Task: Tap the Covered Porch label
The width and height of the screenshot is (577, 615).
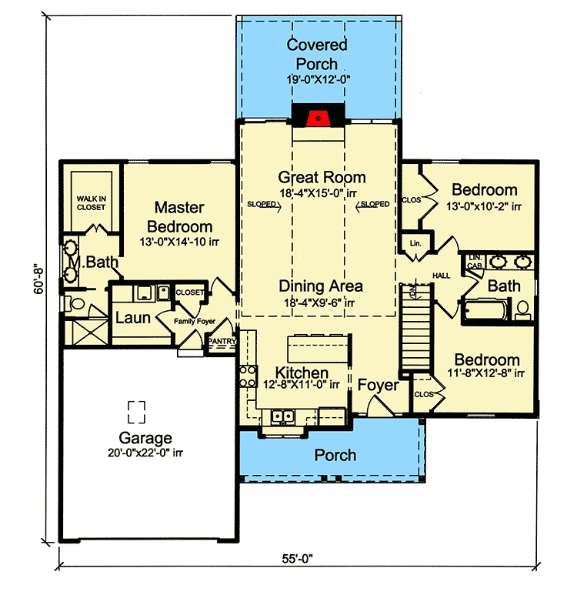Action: pos(316,54)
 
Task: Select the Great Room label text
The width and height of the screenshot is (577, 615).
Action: pos(322,177)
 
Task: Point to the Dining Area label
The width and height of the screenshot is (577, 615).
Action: pos(322,286)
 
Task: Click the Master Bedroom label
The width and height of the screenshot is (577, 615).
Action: pos(179,217)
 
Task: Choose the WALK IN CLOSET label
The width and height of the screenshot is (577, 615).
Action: pos(91,202)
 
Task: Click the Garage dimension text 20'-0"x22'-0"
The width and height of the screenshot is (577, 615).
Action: pos(145,453)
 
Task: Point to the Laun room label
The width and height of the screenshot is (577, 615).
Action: pos(132,317)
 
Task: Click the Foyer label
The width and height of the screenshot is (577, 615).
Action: pos(379,384)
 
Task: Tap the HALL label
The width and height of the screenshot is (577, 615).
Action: pos(441,275)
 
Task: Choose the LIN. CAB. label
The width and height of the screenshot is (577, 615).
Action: pos(474,261)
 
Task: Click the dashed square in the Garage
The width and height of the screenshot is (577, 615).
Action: pos(137,411)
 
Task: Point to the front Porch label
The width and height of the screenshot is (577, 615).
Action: pos(335,455)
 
